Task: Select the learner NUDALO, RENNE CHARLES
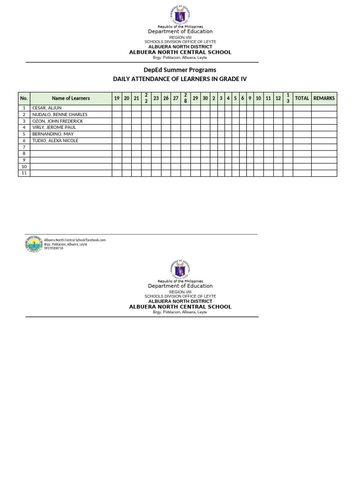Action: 60,114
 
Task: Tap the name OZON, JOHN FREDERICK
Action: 57,121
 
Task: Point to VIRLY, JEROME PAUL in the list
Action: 54,127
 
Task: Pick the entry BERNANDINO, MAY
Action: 52,134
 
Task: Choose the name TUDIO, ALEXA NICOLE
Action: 55,141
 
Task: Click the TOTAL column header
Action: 302,98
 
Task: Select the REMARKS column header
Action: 324,98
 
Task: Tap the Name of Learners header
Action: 71,98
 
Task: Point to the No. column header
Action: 24,98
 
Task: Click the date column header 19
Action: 117,98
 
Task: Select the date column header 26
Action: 166,98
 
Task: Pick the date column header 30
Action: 205,98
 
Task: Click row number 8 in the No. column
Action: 24,154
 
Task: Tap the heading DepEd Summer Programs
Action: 180,70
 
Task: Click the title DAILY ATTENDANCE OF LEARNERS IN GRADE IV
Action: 180,79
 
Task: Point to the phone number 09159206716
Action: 53,248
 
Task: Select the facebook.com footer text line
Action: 75,240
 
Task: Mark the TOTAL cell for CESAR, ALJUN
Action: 302,108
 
